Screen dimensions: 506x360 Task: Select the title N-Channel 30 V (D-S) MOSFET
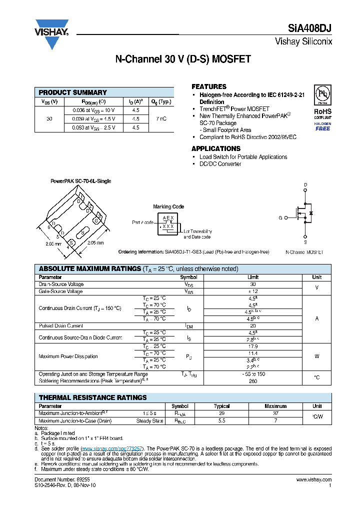183,59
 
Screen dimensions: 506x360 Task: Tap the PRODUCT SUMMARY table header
73,92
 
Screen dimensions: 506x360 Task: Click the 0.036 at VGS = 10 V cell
94,110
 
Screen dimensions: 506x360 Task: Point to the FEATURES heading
209,86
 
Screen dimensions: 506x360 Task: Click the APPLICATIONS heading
216,148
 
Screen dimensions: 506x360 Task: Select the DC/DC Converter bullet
220,164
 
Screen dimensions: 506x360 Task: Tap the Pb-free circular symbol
322,94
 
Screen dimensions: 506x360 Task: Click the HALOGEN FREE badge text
322,126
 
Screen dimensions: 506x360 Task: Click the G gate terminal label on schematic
280,217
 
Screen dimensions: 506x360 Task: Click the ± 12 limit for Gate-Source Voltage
253,291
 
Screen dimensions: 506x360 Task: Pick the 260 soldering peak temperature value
253,381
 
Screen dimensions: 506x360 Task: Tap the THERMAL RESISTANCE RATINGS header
93,397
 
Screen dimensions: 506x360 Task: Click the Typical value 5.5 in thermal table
221,421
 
